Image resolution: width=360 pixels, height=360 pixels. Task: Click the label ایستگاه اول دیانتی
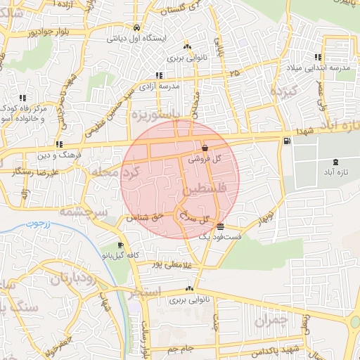click(x=136, y=38)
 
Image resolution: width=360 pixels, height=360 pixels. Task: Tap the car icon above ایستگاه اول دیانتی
click(x=136, y=29)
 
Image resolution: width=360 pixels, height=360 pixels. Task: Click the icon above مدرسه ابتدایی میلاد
click(x=318, y=58)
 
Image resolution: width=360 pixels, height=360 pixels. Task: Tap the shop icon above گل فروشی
click(x=205, y=148)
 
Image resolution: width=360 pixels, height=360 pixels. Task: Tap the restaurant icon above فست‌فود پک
click(x=221, y=226)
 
